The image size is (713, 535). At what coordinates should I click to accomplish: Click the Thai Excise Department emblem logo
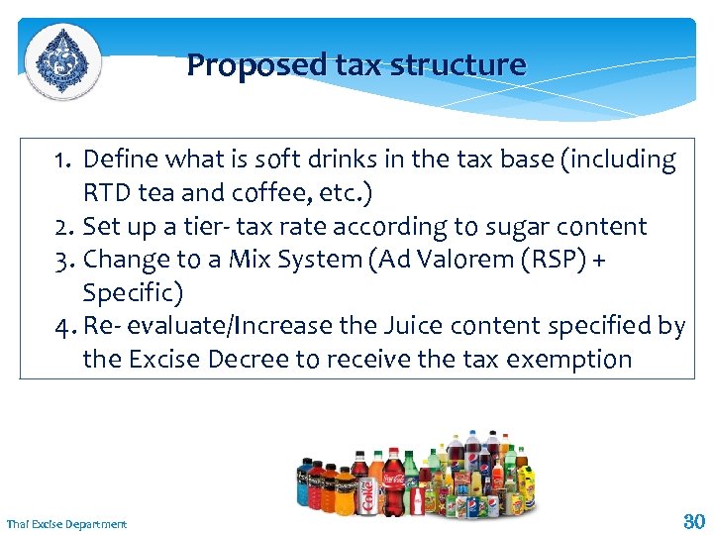pyautogui.click(x=61, y=60)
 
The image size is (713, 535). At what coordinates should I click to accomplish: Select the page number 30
pyautogui.click(x=692, y=520)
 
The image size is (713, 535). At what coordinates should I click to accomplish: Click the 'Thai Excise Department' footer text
pyautogui.click(x=66, y=523)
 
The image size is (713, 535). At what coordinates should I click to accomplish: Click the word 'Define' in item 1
pyautogui.click(x=120, y=160)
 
